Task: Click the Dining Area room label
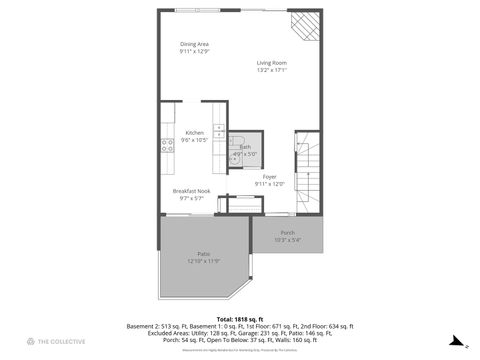pos(194,44)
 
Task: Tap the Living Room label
pos(272,63)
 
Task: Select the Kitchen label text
pos(194,133)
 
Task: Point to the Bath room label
pos(245,147)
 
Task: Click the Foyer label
pos(270,176)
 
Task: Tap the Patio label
pos(203,254)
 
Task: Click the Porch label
pos(288,232)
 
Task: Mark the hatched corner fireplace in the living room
pos(305,24)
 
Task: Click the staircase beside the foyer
pos(311,170)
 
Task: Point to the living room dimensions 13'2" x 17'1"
pos(272,71)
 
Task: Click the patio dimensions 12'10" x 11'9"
pos(203,262)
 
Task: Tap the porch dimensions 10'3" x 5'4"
pos(288,240)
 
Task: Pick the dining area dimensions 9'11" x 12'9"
pos(194,52)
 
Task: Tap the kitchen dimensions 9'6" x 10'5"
pos(194,141)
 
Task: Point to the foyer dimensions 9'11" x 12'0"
pos(270,184)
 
